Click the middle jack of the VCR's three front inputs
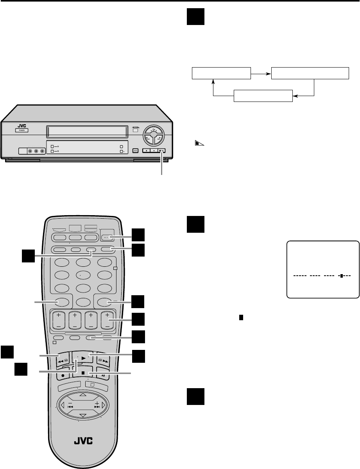coord(36,151)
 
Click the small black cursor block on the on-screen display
coord(341,276)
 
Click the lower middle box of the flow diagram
coord(263,95)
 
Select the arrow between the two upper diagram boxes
coord(261,73)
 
